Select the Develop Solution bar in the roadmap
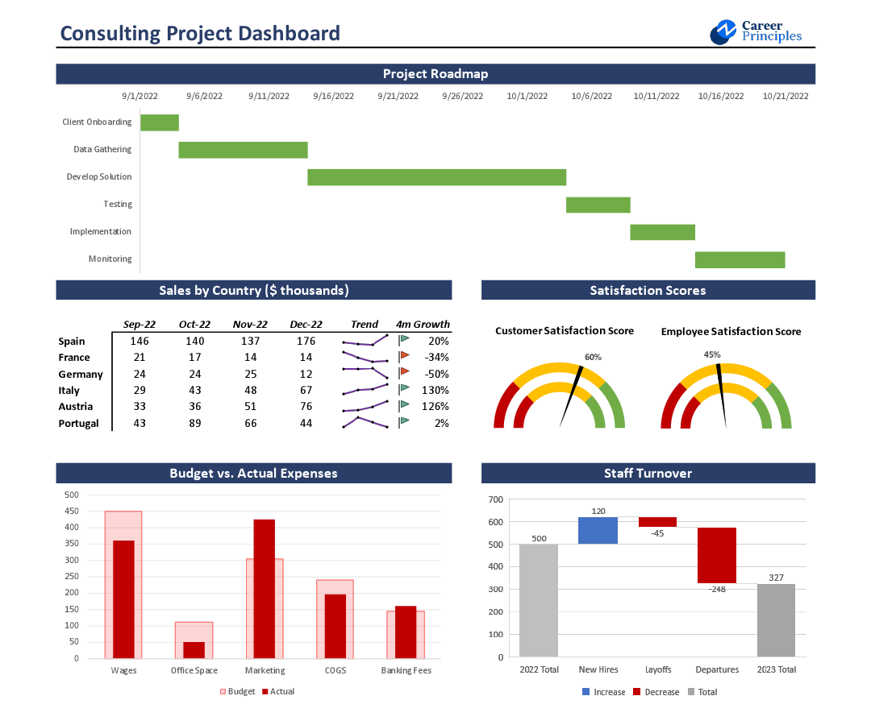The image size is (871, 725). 436,177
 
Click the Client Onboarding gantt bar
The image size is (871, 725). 160,122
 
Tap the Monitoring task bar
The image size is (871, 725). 740,259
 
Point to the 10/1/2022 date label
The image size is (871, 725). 527,96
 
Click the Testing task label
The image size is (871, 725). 118,205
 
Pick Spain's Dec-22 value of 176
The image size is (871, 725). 306,341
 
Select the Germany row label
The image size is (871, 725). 81,375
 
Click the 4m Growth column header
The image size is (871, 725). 423,324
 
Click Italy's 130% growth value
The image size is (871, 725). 435,391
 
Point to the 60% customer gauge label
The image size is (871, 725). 593,357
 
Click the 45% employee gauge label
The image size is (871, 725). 712,354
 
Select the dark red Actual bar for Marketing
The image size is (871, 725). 265,588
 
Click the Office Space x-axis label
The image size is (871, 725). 194,670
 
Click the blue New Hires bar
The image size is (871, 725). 598,530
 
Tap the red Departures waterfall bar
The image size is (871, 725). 717,555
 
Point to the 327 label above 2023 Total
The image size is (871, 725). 776,577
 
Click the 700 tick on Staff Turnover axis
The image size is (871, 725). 495,499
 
